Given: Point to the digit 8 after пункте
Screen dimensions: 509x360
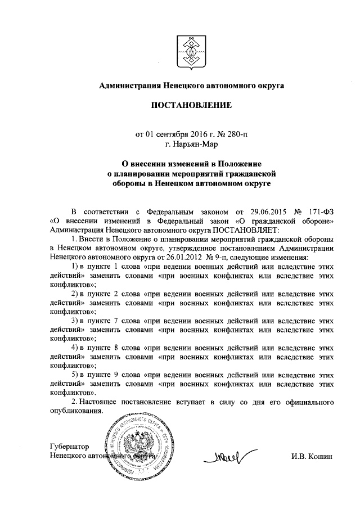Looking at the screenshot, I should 116,346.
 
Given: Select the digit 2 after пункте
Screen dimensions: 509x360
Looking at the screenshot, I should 116,292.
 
